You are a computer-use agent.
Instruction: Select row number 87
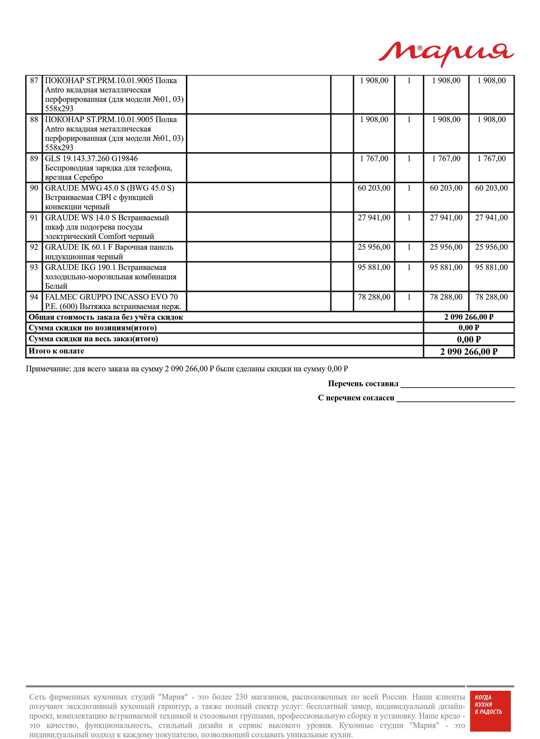pyautogui.click(x=34, y=80)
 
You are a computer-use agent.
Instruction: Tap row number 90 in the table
pyautogui.click(x=34, y=188)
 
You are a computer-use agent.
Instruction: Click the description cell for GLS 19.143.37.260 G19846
pyautogui.click(x=108, y=168)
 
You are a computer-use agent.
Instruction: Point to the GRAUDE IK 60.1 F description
pyautogui.click(x=109, y=252)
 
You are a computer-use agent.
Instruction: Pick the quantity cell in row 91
pyautogui.click(x=409, y=218)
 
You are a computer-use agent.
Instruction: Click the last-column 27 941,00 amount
pyautogui.click(x=491, y=218)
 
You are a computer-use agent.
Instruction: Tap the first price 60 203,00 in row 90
pyautogui.click(x=374, y=188)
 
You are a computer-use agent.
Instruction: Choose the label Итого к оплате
pyautogui.click(x=57, y=351)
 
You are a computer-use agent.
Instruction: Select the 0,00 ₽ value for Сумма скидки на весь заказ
pyautogui.click(x=469, y=339)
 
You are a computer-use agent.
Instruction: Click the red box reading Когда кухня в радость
pyautogui.click(x=490, y=711)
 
